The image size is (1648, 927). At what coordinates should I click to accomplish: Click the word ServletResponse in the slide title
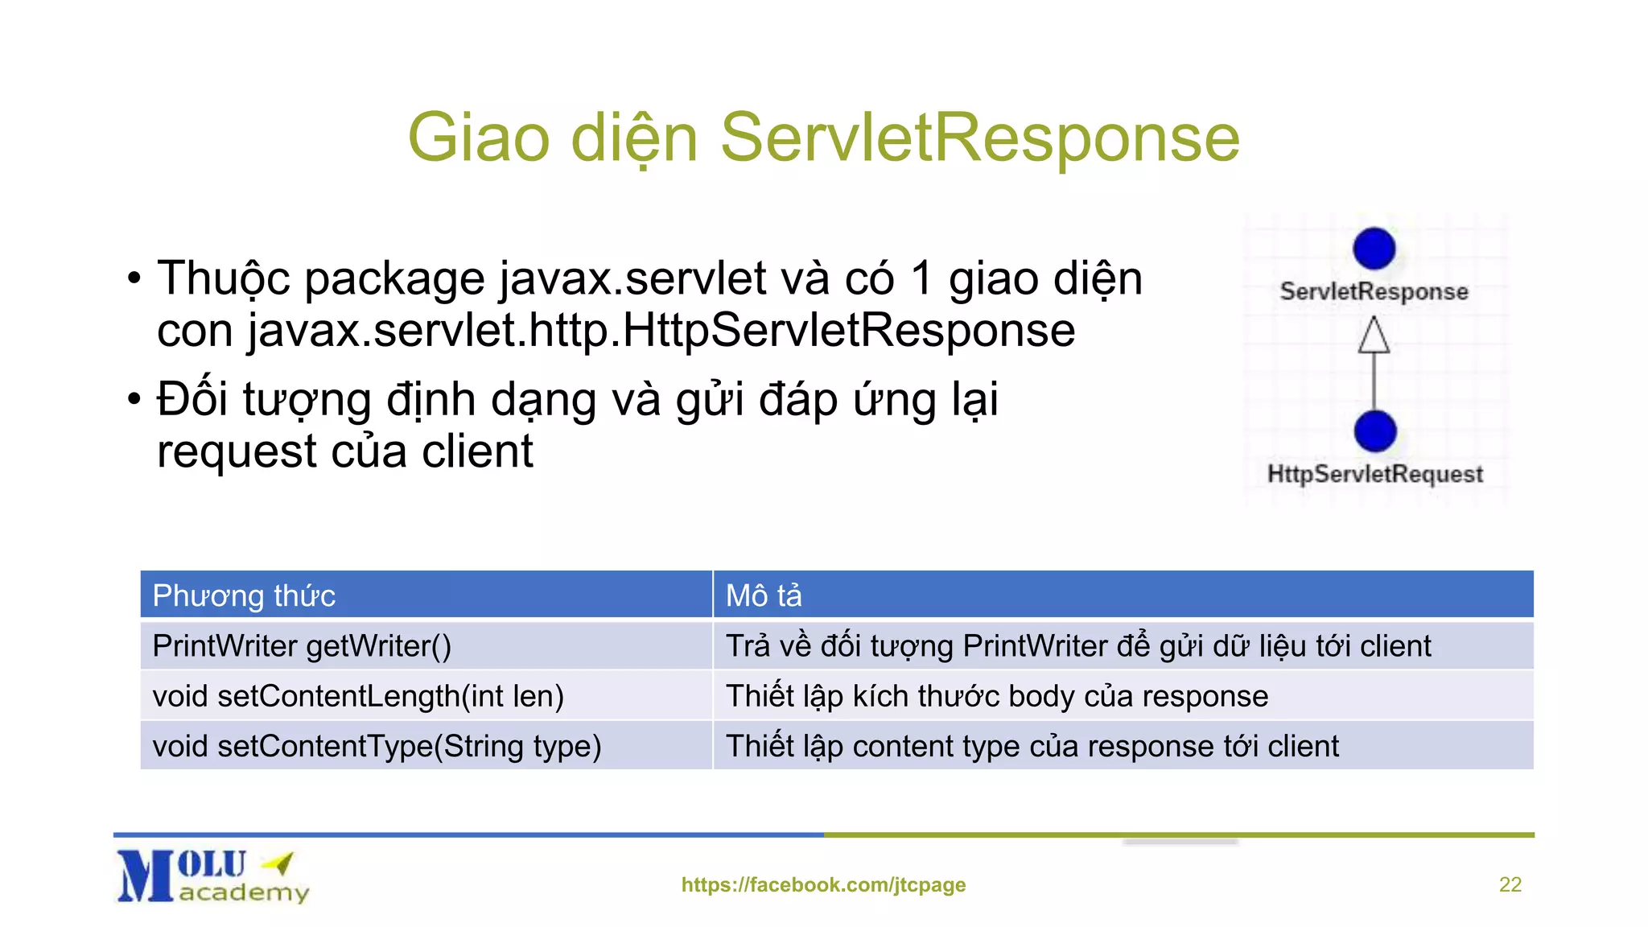[979, 138]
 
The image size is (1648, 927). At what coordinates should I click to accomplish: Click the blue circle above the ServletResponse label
[1374, 249]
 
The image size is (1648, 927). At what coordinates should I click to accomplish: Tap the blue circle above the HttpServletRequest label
[1374, 431]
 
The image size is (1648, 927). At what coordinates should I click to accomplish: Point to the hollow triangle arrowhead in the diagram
[1374, 335]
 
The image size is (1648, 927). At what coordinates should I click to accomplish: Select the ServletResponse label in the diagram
[1374, 291]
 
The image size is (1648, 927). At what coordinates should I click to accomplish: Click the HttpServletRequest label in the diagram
[1374, 474]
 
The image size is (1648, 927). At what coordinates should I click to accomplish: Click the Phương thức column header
[244, 595]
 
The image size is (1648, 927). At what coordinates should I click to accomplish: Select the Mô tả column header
[764, 595]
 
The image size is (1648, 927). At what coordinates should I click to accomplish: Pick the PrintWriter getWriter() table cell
[302, 646]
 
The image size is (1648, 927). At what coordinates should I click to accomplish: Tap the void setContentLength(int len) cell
[358, 696]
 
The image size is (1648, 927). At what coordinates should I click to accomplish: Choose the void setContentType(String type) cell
[377, 746]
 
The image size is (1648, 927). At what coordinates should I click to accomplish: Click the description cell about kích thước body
[996, 696]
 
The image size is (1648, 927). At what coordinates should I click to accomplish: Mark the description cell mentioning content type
[1032, 746]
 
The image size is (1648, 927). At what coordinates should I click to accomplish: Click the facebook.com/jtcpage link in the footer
[823, 884]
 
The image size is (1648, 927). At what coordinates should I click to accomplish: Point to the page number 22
[1510, 884]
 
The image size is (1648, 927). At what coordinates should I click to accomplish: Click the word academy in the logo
[244, 892]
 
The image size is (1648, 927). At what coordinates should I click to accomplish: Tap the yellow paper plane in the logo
[279, 863]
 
